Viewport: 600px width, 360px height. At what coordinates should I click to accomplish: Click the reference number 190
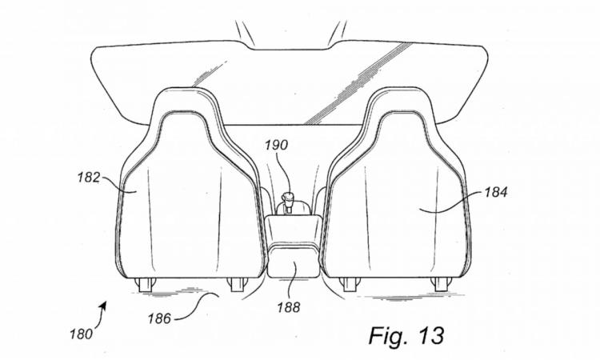pyautogui.click(x=277, y=146)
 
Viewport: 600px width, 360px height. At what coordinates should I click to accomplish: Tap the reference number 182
pyautogui.click(x=89, y=178)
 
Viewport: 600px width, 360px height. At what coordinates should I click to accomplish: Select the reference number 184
pyautogui.click(x=496, y=192)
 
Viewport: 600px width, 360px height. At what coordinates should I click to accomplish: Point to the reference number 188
pyautogui.click(x=289, y=307)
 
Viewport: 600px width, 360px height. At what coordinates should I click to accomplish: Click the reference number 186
pyautogui.click(x=159, y=318)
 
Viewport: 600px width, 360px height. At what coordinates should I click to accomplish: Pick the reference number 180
pyautogui.click(x=81, y=334)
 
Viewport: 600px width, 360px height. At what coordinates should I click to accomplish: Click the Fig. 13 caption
pyautogui.click(x=406, y=335)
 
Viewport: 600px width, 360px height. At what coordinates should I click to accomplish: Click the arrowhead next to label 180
pyautogui.click(x=103, y=305)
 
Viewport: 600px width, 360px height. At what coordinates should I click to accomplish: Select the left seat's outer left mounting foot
pyautogui.click(x=145, y=285)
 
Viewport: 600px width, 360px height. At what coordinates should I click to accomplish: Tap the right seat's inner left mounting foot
pyautogui.click(x=349, y=285)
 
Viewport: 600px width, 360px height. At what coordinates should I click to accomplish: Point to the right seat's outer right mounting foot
pyautogui.click(x=441, y=285)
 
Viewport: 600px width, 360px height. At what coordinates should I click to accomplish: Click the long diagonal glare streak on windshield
pyautogui.click(x=358, y=84)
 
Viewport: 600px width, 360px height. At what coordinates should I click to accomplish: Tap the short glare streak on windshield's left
pyautogui.click(x=210, y=73)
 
